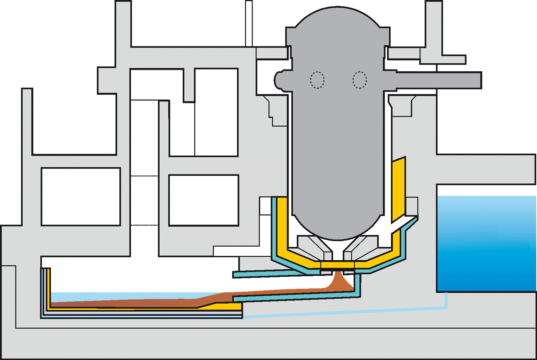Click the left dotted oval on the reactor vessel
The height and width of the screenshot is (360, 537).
tap(317, 80)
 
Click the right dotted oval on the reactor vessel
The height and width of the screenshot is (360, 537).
tap(360, 80)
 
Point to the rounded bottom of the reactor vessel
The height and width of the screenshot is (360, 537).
tap(337, 230)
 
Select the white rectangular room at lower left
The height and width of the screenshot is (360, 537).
tap(81, 197)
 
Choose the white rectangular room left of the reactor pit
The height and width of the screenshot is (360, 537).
tap(204, 200)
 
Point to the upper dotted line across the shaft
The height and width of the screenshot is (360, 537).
tap(144, 176)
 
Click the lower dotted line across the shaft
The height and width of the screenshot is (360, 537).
tap(144, 225)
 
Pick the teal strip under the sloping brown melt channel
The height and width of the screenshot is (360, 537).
tap(295, 297)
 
